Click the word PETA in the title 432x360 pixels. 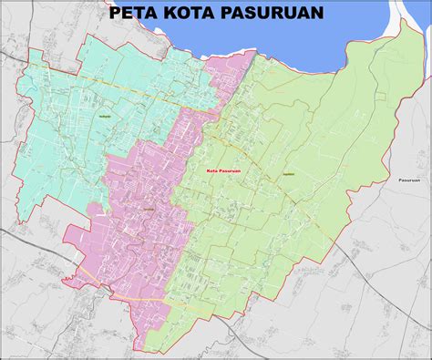(134, 14)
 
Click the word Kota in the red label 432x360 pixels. (217, 170)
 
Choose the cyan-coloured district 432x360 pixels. (73, 137)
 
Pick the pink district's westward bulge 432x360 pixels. (77, 242)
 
